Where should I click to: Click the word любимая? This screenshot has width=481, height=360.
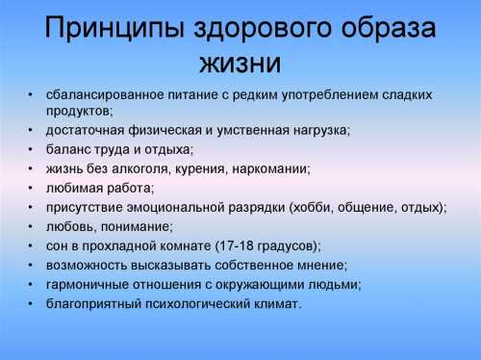click(x=75, y=187)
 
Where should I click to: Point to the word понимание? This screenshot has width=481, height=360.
click(x=136, y=226)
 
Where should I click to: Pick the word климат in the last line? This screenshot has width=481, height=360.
click(x=276, y=303)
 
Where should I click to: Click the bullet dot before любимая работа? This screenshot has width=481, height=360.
click(x=31, y=187)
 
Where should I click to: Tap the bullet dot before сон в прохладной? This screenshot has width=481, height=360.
click(x=31, y=245)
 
